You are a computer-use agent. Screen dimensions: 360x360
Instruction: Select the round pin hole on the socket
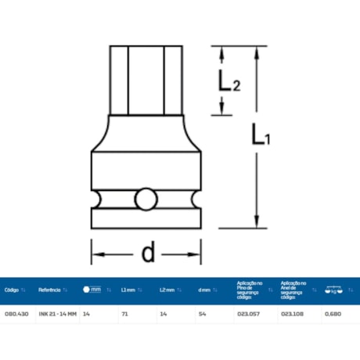[x=145, y=200]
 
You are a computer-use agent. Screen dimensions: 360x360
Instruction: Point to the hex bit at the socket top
[x=145, y=78]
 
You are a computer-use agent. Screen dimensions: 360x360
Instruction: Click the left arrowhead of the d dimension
[x=96, y=253]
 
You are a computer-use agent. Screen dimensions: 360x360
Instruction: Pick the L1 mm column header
[x=128, y=290]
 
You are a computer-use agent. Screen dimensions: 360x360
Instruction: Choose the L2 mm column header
[x=167, y=290]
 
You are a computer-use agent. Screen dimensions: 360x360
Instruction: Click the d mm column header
[x=204, y=290]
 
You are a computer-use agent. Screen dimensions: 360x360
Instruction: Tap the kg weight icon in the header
[x=333, y=290]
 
